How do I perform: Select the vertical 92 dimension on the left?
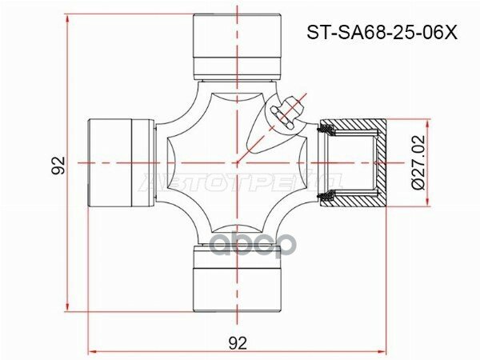point(57,165)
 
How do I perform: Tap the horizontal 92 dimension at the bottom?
point(237,342)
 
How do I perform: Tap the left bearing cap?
point(119,162)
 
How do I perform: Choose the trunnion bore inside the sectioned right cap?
point(356,162)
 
